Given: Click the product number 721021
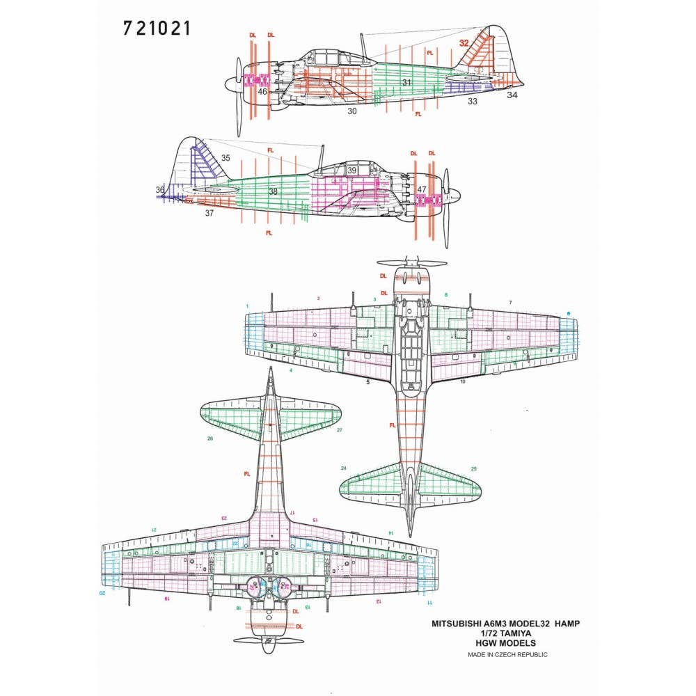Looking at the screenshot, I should [156, 29].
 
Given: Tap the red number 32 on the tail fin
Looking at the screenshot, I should [464, 43].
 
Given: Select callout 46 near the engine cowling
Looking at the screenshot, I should [262, 91].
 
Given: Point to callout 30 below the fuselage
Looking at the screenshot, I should [352, 111].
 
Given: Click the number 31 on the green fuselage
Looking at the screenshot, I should [407, 83].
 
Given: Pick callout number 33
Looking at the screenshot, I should [473, 102].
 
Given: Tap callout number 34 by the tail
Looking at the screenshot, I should [512, 95].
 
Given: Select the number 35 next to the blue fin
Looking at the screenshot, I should [225, 158].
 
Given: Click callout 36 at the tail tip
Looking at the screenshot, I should [161, 189].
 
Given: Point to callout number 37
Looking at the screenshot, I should [209, 214].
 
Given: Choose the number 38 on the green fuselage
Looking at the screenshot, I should [273, 191].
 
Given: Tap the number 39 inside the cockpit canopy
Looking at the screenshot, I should [352, 171].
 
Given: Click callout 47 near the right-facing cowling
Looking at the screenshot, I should [422, 189].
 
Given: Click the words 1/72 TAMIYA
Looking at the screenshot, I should [509, 634].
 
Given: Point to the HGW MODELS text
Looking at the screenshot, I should [509, 644].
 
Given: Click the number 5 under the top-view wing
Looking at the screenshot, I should [368, 381].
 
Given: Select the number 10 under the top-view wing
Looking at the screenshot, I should [462, 381].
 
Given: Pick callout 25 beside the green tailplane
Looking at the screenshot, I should [474, 468].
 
